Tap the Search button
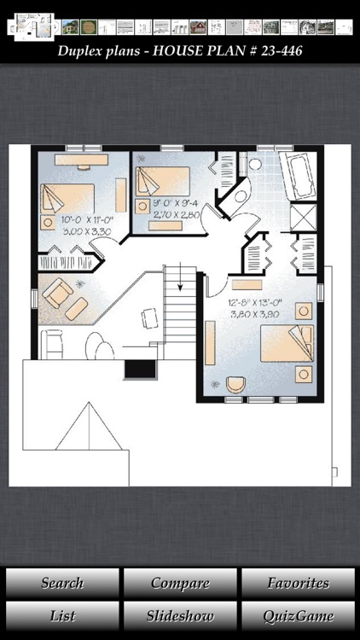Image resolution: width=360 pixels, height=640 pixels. [62, 584]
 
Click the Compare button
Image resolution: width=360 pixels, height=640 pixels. [180, 584]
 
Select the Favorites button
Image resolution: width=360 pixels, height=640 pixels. [298, 584]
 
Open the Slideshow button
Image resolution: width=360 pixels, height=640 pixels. [180, 615]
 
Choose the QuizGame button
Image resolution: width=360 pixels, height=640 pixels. [298, 615]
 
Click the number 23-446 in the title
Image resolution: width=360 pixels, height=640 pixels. [274, 51]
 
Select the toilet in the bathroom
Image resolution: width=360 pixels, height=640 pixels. [241, 195]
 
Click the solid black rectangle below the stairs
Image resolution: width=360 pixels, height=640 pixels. [139, 369]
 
